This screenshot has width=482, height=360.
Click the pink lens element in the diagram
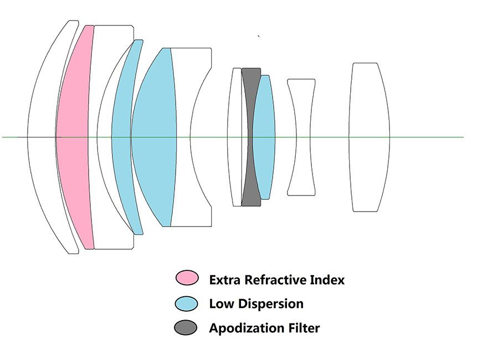(x=75, y=137)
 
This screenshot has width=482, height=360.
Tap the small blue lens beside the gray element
(x=265, y=136)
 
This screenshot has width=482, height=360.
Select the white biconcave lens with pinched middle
(x=301, y=137)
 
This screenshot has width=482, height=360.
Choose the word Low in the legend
(x=221, y=304)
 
